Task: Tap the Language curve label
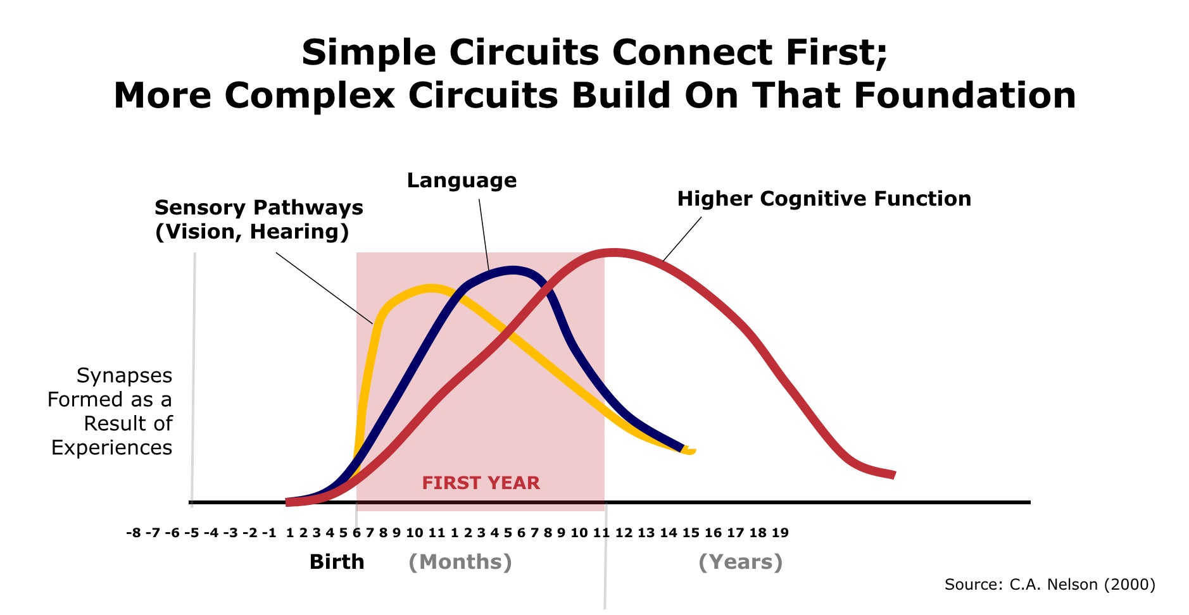[x=462, y=181]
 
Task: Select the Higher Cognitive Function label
[x=824, y=199]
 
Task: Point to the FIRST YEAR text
[x=481, y=483]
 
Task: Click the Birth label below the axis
[x=337, y=562]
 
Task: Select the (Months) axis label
[x=460, y=562]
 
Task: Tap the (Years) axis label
[x=741, y=562]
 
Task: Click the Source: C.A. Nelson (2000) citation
[x=1050, y=584]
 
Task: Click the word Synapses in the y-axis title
[x=125, y=376]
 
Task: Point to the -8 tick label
[x=134, y=533]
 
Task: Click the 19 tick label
[x=780, y=533]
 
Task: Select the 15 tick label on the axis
[x=691, y=533]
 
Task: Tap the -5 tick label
[x=191, y=533]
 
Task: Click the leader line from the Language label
[x=484, y=235]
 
